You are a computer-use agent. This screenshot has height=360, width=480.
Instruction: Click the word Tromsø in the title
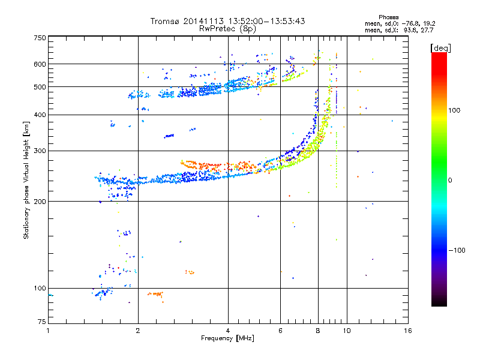(165, 21)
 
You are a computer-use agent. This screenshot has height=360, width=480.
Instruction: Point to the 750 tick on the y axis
(40, 38)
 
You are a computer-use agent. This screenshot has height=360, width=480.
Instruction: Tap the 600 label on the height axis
(40, 64)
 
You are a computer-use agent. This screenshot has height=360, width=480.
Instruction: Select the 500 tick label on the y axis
(40, 87)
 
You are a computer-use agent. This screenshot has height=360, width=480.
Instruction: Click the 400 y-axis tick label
(40, 115)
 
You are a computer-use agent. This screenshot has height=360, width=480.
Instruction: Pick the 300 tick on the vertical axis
(40, 151)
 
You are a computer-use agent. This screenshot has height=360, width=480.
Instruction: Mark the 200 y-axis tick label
(40, 201)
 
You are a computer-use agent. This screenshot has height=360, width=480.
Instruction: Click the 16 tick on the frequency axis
(408, 331)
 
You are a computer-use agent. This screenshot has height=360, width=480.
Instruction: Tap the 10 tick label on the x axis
(346, 331)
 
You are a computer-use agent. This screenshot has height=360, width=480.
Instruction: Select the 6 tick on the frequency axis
(280, 331)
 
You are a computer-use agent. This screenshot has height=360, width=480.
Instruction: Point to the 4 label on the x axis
(228, 331)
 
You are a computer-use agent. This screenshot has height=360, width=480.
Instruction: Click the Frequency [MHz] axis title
(227, 339)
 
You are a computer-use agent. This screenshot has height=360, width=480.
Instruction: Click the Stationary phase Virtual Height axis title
(26, 180)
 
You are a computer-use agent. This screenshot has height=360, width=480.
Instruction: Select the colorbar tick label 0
(450, 180)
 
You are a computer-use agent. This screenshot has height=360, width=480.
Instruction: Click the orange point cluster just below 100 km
(156, 294)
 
